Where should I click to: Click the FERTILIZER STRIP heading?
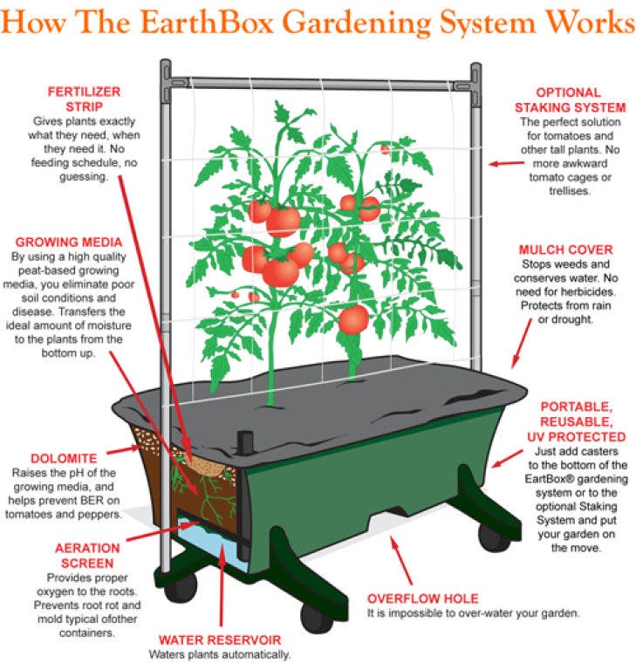pos(85,99)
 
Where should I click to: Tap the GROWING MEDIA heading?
pos(69,243)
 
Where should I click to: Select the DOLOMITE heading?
pos(64,459)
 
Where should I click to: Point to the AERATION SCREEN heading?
pos(87,556)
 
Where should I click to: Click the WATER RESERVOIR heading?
pos(220,640)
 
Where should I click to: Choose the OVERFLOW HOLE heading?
pos(423,598)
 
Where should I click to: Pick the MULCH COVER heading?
pos(566,250)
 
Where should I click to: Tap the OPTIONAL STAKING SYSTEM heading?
pos(571,100)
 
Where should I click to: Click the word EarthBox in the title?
pos(207,21)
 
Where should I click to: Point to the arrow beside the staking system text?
pos(507,163)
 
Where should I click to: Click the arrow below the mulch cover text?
pos(522,343)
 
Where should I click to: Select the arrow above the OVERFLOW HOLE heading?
pos(401,560)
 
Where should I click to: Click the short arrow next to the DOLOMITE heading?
pos(124,449)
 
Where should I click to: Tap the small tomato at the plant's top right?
pos(385,149)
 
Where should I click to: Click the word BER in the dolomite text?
pos(96,501)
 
